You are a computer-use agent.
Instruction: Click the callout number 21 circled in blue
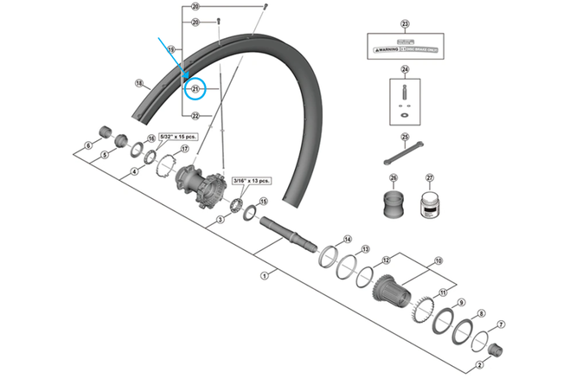195,89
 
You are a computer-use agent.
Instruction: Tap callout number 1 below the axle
264,275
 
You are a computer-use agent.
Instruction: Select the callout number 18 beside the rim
138,83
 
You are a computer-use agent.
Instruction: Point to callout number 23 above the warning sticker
404,24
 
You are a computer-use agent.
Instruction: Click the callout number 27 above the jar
429,178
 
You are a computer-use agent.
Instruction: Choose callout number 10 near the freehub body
438,259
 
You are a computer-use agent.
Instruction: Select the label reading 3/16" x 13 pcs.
252,181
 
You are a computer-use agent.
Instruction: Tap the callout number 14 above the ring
348,239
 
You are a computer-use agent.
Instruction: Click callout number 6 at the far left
88,146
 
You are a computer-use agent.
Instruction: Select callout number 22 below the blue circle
195,115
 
